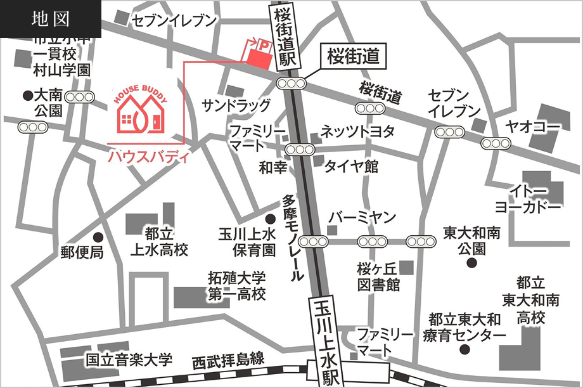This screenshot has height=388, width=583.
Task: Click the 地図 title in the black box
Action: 50,19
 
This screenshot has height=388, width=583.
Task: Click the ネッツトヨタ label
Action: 357,131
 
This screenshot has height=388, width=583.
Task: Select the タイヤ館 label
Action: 351,167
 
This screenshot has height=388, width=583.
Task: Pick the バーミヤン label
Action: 362,217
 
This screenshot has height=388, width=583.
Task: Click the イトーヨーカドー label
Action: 528,199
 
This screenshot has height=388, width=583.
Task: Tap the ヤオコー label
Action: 532,127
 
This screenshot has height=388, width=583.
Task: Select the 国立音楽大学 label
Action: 129,361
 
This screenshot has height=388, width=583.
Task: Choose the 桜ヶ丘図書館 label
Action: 378,277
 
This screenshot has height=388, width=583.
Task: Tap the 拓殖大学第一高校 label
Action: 237,287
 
